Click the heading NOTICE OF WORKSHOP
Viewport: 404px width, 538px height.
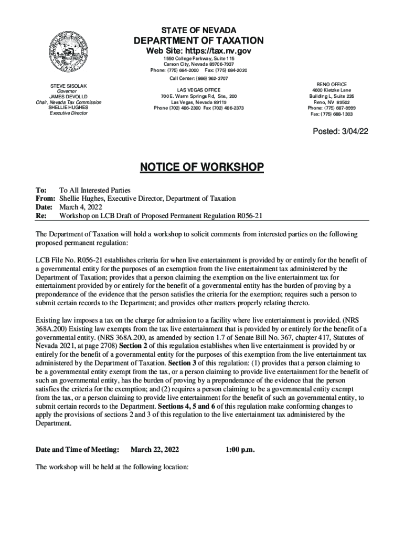pos(201,168)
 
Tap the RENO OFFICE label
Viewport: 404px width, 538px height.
pos(332,85)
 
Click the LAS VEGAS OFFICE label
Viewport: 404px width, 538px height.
pos(198,90)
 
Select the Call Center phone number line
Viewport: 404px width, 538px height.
pos(199,78)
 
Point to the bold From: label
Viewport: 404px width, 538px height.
pos(45,199)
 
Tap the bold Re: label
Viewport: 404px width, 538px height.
pos(40,215)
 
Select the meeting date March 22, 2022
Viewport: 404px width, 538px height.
pos(155,449)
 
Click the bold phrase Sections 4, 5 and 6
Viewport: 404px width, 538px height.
pos(189,406)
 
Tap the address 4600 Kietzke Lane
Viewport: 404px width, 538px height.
pos(332,90)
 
